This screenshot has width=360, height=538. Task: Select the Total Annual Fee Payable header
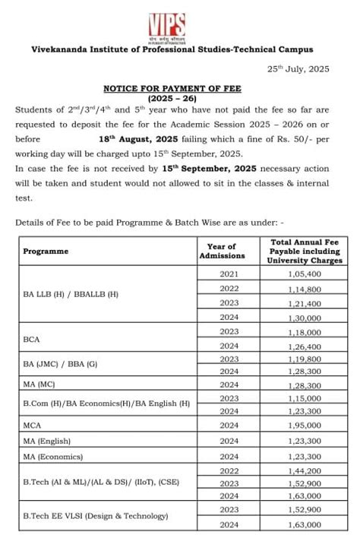(305, 251)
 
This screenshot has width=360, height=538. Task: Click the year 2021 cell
(229, 274)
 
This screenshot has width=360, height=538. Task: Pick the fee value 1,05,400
(305, 274)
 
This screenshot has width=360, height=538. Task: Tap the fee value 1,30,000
(305, 318)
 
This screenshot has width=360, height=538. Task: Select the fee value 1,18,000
(305, 332)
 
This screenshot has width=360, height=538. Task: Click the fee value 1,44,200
(305, 471)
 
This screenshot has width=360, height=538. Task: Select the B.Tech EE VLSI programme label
(96, 517)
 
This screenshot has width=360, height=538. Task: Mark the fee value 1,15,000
(305, 398)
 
